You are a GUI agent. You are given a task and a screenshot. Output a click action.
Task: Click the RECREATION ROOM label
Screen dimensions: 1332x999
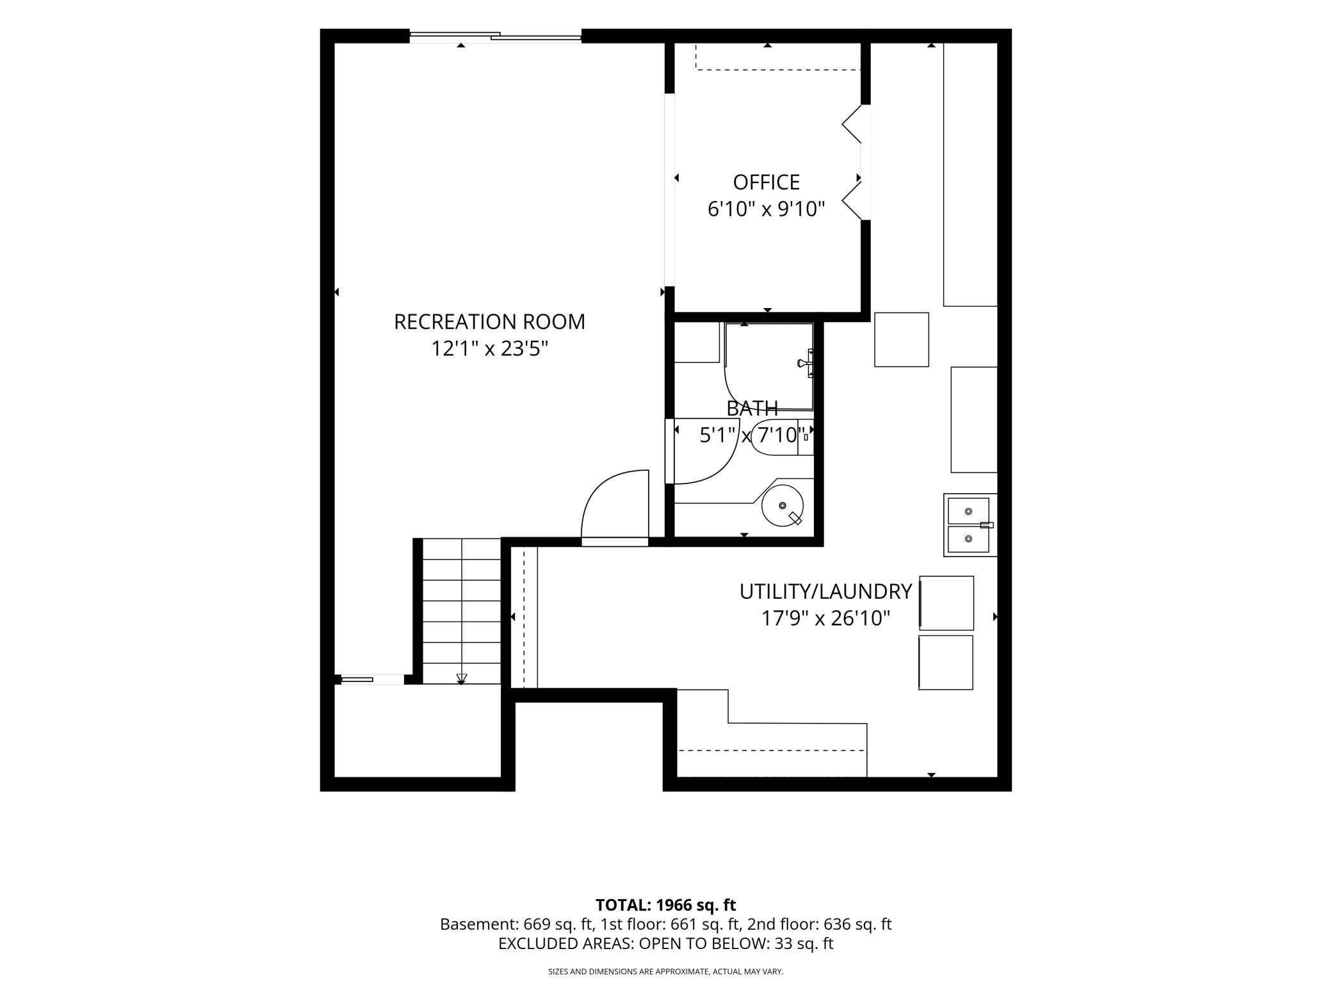[x=489, y=321]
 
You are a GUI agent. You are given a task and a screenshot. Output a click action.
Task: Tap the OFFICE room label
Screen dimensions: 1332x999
[x=766, y=183]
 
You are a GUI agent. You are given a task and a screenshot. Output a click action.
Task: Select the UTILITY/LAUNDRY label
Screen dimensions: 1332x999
[x=825, y=592]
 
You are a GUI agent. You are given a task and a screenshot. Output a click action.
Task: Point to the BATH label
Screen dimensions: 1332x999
[x=752, y=408]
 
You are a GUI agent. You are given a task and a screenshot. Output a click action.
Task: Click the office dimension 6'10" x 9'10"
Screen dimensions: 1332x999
[x=766, y=209]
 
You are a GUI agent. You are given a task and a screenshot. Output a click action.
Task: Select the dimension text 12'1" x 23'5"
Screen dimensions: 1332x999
[x=489, y=349]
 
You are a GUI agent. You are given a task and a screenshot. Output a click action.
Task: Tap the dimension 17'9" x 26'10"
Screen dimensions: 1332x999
[x=825, y=619]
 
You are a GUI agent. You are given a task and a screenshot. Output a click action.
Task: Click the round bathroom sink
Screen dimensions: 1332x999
[x=783, y=505]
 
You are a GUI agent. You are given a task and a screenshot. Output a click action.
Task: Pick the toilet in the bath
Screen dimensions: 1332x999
[x=782, y=437]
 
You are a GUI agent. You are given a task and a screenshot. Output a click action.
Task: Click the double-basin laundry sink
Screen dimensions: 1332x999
[x=970, y=525]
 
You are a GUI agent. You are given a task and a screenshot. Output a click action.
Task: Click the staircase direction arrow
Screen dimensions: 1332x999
[x=461, y=679]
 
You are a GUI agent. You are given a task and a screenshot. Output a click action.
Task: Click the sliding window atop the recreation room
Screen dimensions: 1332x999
[x=495, y=37]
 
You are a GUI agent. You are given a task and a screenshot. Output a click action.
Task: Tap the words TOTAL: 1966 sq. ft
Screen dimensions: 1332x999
[x=665, y=905]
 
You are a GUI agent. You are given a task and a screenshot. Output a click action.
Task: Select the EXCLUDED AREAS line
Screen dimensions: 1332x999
[x=665, y=943]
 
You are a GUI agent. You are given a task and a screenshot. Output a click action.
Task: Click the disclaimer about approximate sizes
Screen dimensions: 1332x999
[x=665, y=971]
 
